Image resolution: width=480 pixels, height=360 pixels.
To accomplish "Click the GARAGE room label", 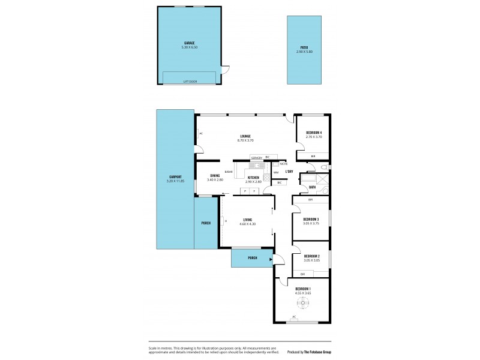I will pos(189,43).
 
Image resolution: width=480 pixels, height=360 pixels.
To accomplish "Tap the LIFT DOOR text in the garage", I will pos(189,80).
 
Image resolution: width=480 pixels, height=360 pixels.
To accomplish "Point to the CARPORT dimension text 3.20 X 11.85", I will pos(175,181).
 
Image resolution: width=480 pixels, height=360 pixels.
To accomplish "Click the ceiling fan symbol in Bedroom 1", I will pos(304,304).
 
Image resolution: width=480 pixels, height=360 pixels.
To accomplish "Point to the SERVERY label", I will pos(257,157).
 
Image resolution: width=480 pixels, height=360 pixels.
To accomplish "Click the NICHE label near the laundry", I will pos(284,163).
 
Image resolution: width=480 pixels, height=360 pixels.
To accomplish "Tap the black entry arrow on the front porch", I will pos(271,260).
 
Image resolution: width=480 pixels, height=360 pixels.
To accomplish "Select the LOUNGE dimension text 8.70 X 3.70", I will pos(246,140).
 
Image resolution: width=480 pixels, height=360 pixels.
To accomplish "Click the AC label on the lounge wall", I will pos(200,133).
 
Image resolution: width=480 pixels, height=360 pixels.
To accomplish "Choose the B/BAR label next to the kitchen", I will pos(229,172).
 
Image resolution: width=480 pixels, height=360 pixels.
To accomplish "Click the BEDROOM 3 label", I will pos(310,220).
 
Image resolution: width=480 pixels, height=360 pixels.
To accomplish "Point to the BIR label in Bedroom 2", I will pos(303,274).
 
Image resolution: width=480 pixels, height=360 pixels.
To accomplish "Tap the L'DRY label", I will pos(289,172).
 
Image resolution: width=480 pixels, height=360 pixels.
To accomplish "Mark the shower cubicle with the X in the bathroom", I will pos(323,181).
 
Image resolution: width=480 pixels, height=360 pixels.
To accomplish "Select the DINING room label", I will pos(214,176).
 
